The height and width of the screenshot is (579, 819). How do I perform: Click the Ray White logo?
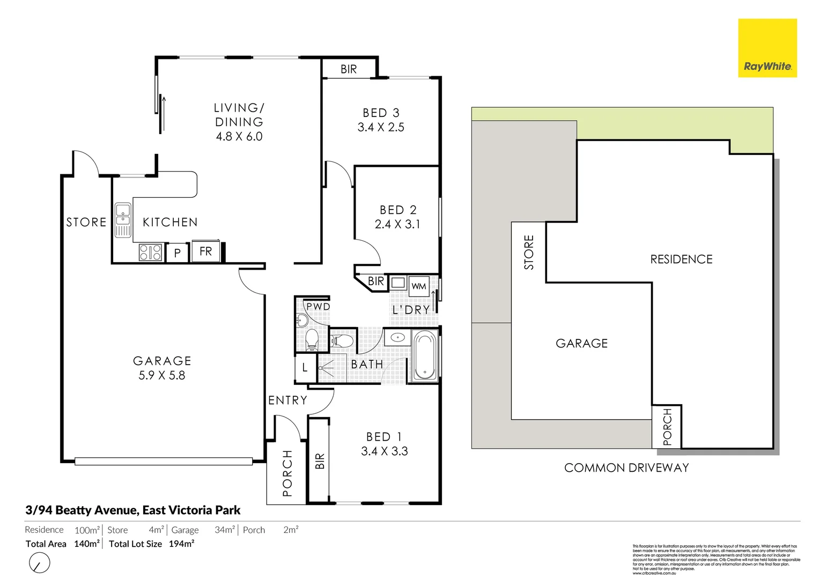click(767, 48)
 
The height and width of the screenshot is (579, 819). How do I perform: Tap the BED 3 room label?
click(381, 113)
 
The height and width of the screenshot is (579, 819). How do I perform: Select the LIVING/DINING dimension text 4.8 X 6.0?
click(239, 137)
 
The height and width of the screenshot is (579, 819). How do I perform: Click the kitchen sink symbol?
click(123, 220)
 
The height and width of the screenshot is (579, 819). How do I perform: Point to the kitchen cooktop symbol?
click(151, 252)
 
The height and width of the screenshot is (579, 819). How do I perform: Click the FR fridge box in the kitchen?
click(206, 251)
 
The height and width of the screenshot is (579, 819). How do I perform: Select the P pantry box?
click(178, 253)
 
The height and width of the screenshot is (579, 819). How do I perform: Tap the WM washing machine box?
click(419, 286)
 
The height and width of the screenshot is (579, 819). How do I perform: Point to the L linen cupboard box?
click(305, 368)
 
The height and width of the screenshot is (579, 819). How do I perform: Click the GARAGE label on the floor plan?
click(162, 361)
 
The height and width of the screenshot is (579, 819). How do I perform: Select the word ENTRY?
click(288, 400)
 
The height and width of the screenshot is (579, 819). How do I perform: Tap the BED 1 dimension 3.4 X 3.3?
click(385, 451)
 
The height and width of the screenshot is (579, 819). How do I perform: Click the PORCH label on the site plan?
click(667, 427)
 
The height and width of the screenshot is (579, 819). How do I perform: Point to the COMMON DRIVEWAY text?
click(626, 468)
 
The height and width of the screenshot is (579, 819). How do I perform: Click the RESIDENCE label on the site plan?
click(681, 259)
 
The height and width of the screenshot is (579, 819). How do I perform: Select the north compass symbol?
click(39, 563)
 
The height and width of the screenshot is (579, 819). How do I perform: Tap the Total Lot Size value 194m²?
click(181, 544)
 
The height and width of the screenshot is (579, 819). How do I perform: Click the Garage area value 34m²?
click(225, 530)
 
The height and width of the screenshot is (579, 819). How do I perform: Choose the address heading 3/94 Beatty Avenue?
click(133, 510)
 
